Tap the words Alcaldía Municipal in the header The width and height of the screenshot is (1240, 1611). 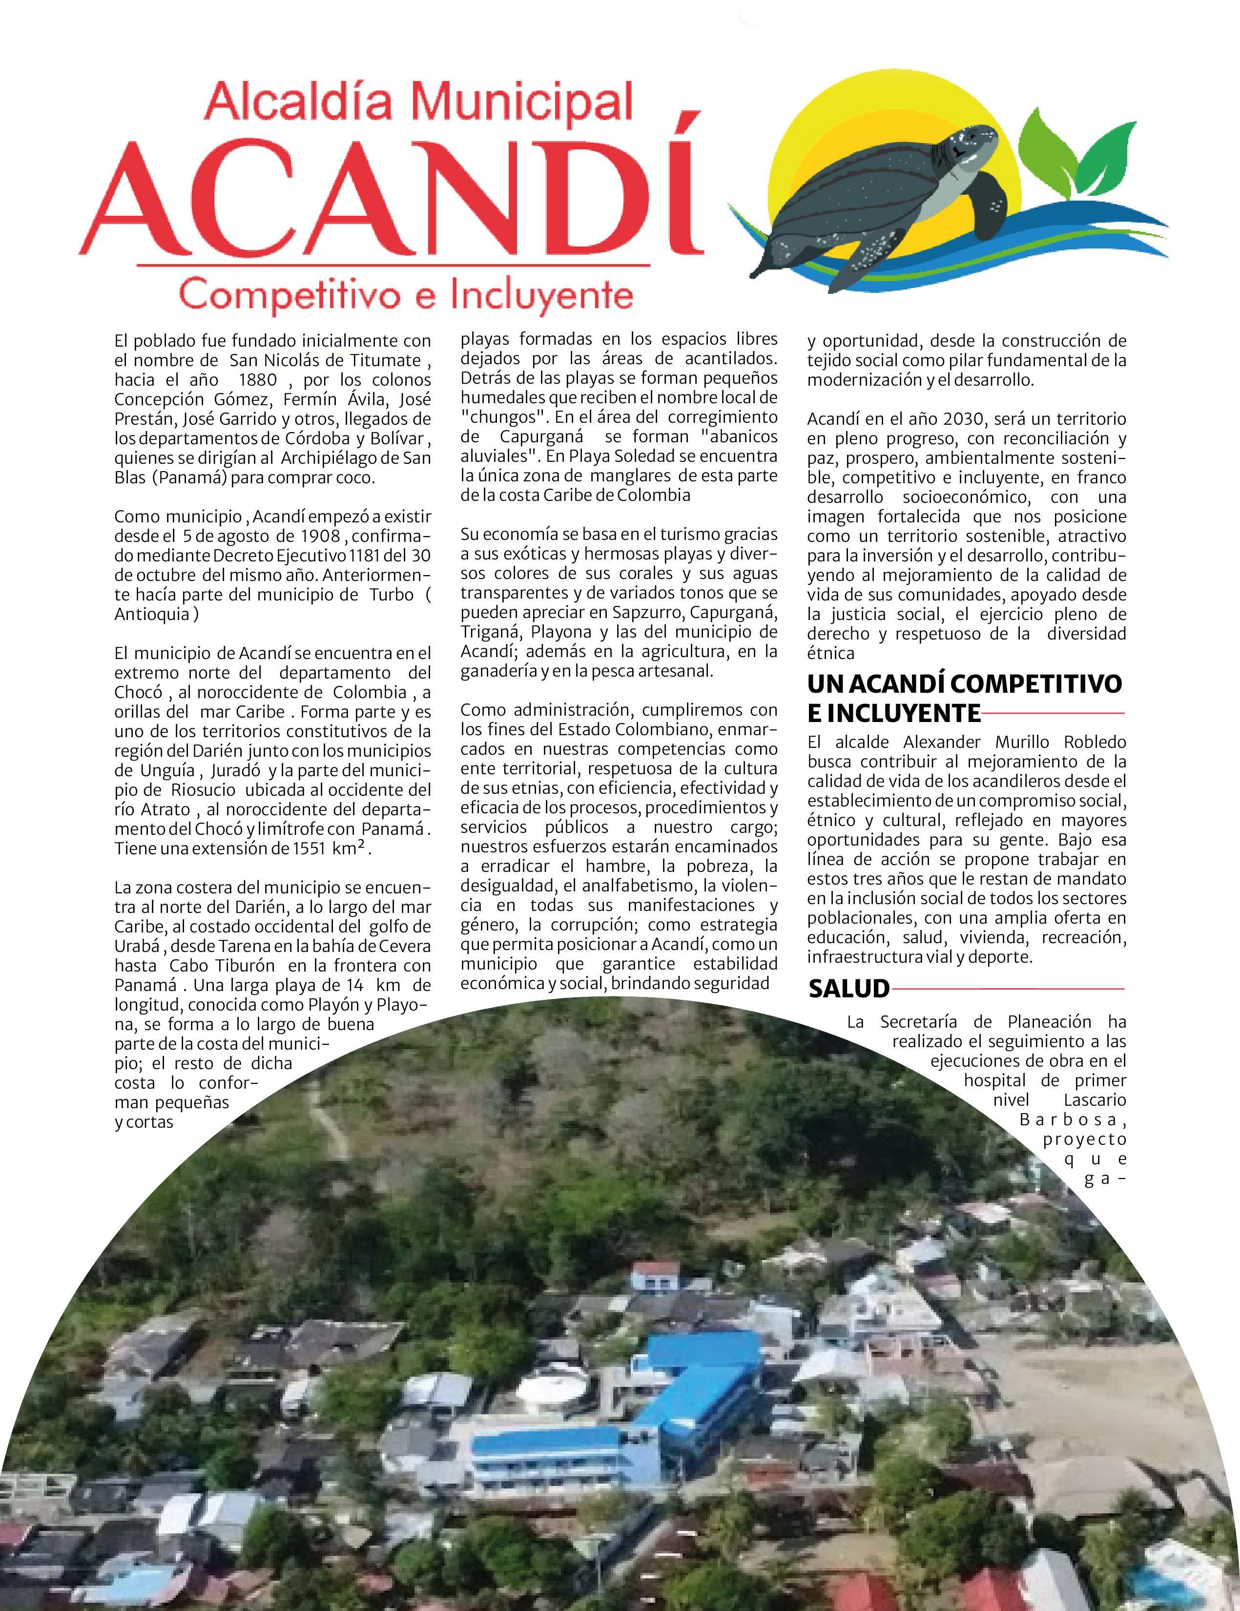click(419, 103)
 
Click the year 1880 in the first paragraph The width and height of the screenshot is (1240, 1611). click(252, 380)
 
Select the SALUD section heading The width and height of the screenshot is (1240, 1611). click(849, 989)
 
